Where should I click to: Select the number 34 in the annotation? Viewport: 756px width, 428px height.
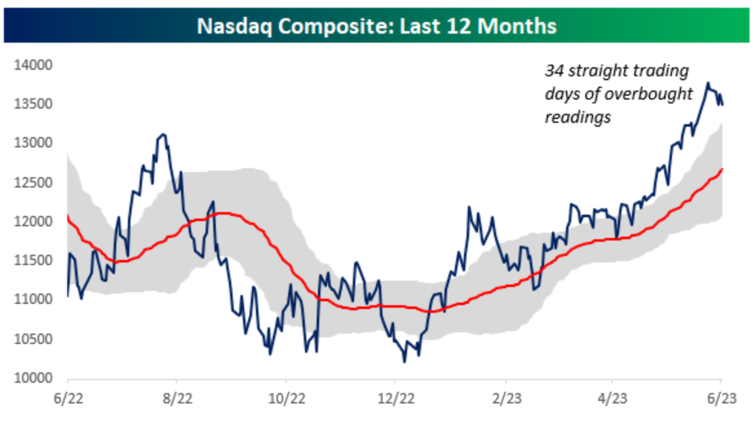(553, 70)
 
